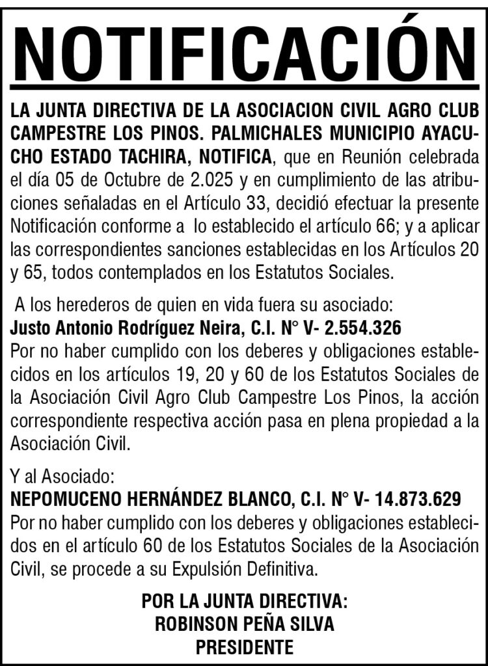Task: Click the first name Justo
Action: click(x=30, y=328)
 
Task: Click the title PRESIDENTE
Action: click(x=244, y=647)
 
